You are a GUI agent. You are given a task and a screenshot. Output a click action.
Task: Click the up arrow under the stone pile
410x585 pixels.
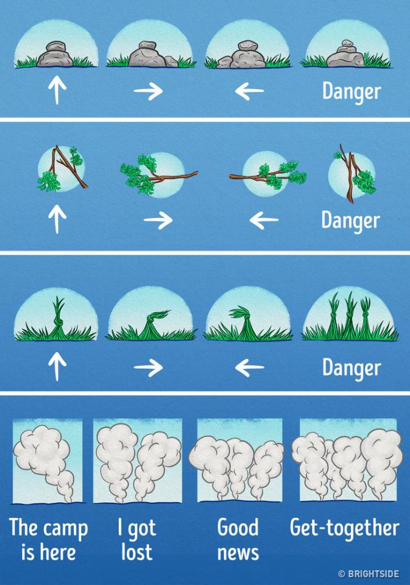point(57,90)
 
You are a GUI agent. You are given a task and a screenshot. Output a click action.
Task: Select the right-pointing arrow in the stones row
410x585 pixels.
point(148,91)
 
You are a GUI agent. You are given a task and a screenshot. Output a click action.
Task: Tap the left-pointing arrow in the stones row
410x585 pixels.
point(250,91)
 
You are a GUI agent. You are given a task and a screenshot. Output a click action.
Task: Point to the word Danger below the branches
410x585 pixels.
point(351,221)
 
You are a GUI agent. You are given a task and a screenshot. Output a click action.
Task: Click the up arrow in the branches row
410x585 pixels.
point(57,219)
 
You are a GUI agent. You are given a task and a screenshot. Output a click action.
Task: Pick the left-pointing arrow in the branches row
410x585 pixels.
point(264,220)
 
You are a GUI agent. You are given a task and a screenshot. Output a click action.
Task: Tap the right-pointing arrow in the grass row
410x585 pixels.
point(148,367)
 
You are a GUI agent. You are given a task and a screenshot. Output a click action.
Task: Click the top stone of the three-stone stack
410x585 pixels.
point(348,43)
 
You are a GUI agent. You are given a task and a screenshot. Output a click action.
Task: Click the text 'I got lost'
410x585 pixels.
point(136,539)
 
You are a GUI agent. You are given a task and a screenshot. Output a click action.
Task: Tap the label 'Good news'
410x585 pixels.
point(238,539)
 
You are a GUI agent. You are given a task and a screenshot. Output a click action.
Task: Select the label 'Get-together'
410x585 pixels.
point(344,528)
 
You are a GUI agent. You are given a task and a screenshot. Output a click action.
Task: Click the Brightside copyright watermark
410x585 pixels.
point(369,573)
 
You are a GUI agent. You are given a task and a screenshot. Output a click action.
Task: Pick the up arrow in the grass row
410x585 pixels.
point(57,366)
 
